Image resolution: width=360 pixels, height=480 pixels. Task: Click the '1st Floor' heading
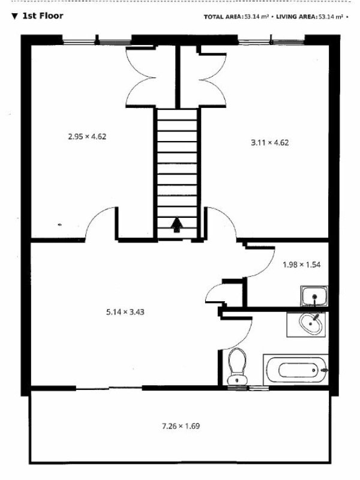43,16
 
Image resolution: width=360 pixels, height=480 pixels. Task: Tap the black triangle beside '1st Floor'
14,16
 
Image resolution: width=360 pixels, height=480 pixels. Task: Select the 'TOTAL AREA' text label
223,17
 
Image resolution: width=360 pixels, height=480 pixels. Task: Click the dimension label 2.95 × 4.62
87,137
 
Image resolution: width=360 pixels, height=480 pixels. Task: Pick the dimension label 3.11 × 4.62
269,143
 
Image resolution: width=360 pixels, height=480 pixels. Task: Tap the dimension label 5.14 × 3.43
125,312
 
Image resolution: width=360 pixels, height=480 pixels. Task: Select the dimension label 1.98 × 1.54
302,265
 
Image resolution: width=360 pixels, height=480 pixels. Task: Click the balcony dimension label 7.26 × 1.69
181,426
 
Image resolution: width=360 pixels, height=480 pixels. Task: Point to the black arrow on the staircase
177,224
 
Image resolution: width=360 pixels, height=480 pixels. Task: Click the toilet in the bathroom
237,367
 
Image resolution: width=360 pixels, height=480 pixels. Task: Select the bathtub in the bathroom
296,370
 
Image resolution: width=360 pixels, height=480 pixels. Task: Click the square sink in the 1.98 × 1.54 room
314,296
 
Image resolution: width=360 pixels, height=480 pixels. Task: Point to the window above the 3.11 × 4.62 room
271,40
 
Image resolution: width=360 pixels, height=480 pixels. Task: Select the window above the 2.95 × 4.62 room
97,40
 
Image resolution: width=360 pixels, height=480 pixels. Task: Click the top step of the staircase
177,115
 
